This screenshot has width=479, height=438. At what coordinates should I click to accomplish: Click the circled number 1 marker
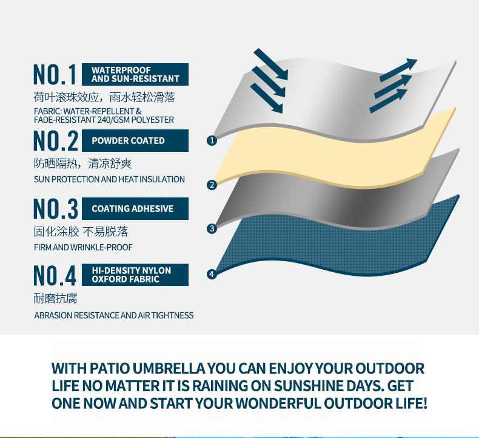(x=212, y=140)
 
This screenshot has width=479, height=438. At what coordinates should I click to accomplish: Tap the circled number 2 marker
(x=212, y=185)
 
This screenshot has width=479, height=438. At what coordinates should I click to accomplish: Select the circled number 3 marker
(x=212, y=228)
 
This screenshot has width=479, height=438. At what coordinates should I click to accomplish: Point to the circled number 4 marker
(x=212, y=274)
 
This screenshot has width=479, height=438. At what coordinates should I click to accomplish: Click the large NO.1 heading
(x=55, y=74)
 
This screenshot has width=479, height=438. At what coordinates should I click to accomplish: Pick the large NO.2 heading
(x=56, y=140)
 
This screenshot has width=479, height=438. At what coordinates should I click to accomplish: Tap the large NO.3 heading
(x=56, y=208)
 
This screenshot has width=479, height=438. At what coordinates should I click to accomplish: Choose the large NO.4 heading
(x=55, y=275)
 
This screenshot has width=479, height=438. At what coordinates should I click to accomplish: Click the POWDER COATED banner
(x=135, y=140)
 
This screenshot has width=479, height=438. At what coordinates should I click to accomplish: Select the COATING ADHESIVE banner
(x=135, y=208)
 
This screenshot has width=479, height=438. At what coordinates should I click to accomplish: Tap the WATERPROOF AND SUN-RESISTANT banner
(x=135, y=74)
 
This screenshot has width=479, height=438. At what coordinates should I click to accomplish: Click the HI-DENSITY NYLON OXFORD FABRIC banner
(x=135, y=275)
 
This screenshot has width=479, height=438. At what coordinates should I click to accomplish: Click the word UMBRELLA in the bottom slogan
(x=169, y=368)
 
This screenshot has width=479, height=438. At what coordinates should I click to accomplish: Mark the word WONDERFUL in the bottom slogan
(x=278, y=403)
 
